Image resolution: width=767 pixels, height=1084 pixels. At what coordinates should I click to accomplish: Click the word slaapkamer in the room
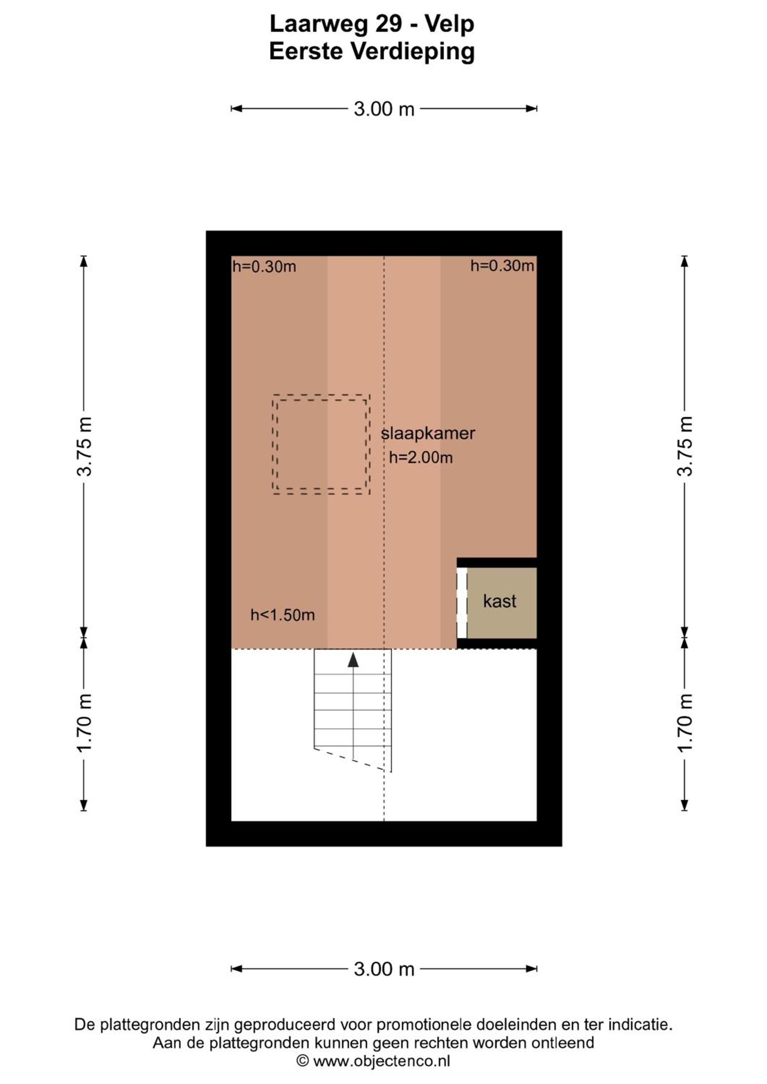(x=428, y=433)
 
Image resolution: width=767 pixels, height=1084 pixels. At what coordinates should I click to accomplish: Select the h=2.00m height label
(x=421, y=457)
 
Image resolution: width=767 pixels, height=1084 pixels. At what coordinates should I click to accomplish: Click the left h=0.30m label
(x=264, y=267)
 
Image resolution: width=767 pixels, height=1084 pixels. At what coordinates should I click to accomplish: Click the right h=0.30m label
(x=502, y=266)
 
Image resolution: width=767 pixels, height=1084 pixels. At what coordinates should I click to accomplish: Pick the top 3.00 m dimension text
(x=384, y=109)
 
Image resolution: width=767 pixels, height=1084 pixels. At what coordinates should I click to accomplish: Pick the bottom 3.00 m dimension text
(x=384, y=969)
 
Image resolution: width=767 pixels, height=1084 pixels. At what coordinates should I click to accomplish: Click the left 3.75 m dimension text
(x=85, y=446)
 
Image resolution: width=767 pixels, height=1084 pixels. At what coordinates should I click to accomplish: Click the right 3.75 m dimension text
(x=685, y=446)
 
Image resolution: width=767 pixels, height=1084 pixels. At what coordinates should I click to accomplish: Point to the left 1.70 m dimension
(x=85, y=724)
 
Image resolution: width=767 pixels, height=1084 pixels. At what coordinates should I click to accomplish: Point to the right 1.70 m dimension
(x=685, y=724)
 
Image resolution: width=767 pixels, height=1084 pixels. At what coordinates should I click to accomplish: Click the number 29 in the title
(x=389, y=24)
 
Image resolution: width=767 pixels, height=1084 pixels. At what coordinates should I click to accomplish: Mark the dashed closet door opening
(x=462, y=603)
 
